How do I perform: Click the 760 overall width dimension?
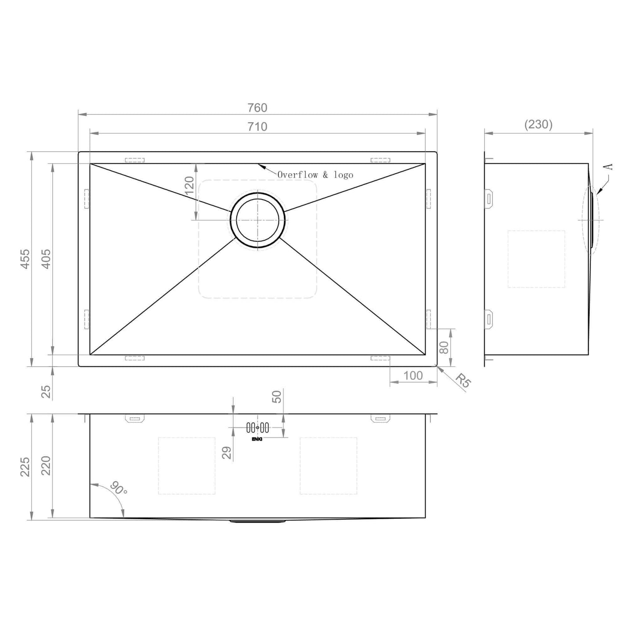tap(257, 107)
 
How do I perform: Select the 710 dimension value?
tap(257, 127)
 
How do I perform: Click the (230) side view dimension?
tap(538, 124)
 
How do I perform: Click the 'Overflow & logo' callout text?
tap(315, 175)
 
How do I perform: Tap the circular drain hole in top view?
tap(257, 220)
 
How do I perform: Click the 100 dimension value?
tap(413, 375)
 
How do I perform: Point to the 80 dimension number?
tap(444, 348)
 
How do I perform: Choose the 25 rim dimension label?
tap(46, 391)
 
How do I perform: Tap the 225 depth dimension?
tap(25, 467)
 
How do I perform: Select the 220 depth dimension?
tap(46, 466)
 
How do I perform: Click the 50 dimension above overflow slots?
tap(277, 397)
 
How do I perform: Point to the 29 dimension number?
tap(227, 453)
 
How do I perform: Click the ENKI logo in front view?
tap(257, 438)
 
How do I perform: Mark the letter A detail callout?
tap(609, 167)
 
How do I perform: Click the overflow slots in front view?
tap(257, 427)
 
